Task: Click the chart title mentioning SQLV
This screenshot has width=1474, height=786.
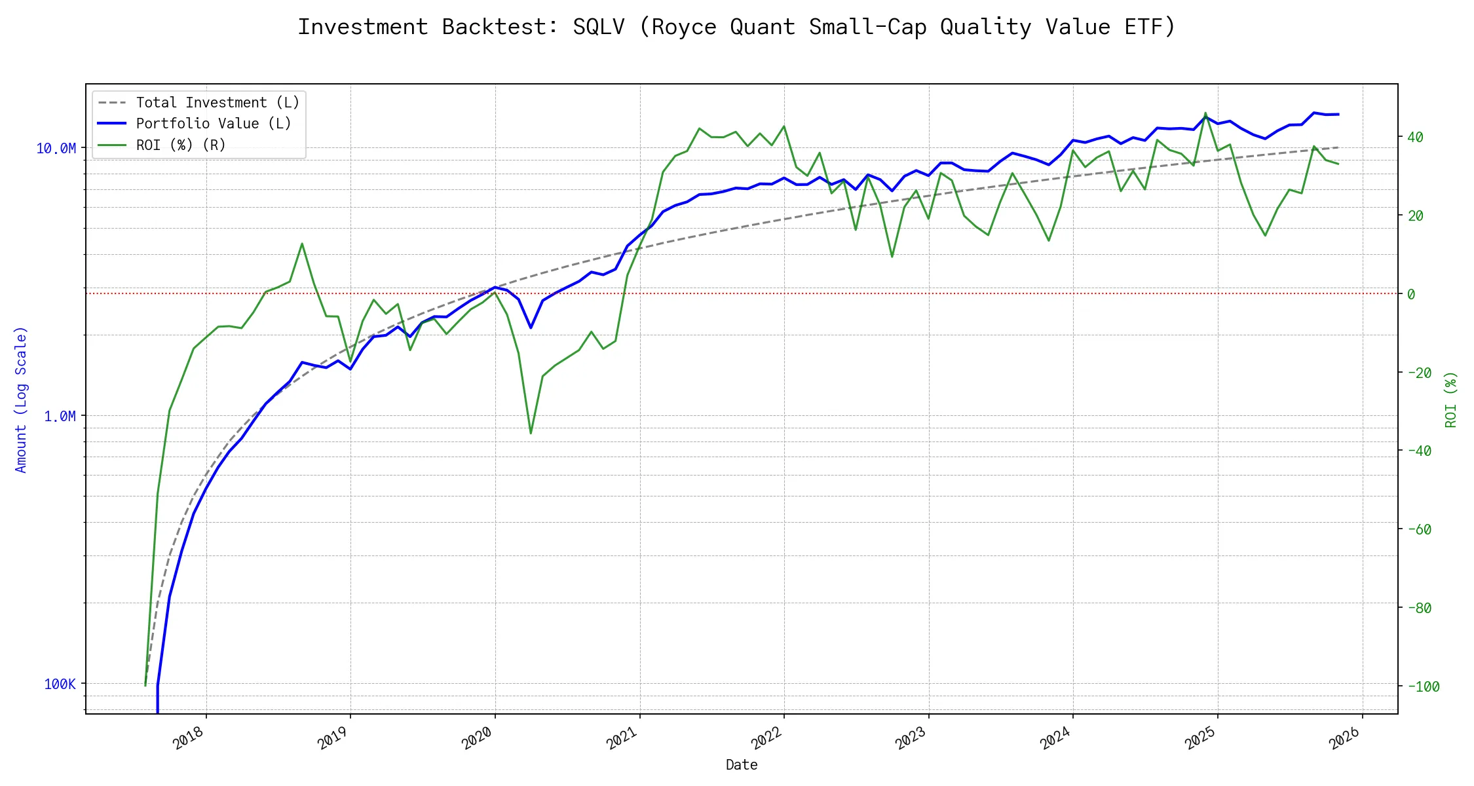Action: click(x=736, y=27)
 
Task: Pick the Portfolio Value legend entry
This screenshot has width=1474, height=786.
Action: click(x=214, y=124)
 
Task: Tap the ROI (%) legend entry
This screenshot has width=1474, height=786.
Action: click(x=181, y=145)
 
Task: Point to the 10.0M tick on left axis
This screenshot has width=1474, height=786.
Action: click(x=56, y=149)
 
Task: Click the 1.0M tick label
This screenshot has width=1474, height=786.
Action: click(x=60, y=417)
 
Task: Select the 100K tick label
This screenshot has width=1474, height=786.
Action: click(x=60, y=684)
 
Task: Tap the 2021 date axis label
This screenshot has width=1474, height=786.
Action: click(x=622, y=738)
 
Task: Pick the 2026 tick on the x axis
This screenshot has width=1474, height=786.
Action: click(x=1345, y=738)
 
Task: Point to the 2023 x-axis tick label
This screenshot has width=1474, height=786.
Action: click(x=911, y=738)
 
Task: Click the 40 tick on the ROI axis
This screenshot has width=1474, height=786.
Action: click(x=1415, y=138)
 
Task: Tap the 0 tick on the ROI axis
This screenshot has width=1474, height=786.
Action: click(x=1411, y=295)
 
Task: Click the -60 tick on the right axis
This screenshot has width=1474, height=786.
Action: click(x=1419, y=530)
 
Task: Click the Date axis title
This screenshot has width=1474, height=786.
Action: click(x=742, y=765)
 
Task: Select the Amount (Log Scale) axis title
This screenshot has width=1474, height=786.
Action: click(x=21, y=400)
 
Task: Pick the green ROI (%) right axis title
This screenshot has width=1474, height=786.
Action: click(x=1451, y=400)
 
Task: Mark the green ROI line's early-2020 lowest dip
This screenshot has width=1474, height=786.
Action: click(x=531, y=433)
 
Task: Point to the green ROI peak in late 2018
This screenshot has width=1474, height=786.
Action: click(x=302, y=244)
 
